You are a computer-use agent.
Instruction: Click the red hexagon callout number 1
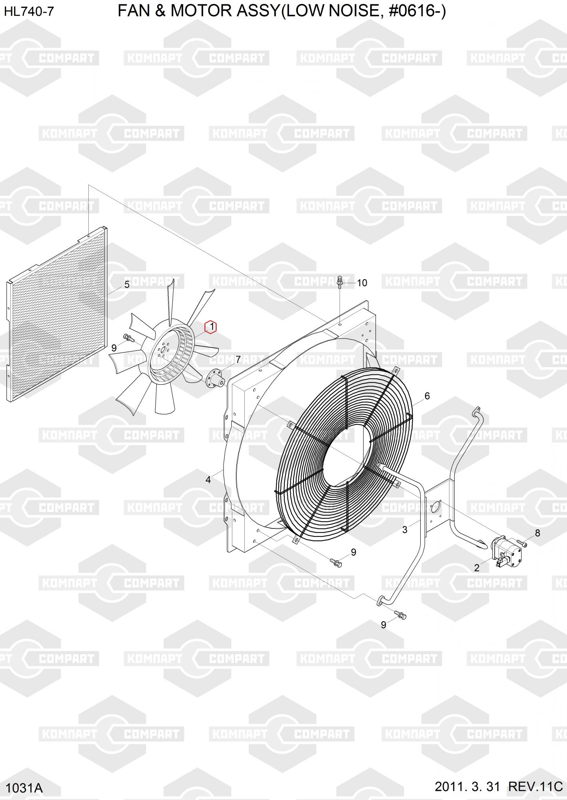(211, 327)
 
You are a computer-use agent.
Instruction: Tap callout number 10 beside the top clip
(362, 283)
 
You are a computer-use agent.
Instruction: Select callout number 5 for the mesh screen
(127, 285)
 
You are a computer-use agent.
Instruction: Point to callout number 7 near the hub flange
(238, 360)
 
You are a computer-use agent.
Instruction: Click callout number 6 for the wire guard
(427, 396)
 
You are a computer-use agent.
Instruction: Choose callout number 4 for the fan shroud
(208, 480)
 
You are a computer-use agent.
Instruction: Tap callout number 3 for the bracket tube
(405, 530)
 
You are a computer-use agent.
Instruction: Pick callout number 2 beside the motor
(477, 568)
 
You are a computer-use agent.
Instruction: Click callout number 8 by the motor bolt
(537, 533)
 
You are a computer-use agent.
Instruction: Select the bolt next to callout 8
(522, 543)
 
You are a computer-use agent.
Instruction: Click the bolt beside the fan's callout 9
(129, 338)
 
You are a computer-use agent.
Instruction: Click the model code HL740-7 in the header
(29, 12)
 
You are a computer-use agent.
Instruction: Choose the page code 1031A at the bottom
(24, 788)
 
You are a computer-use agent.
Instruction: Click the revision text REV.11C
(535, 786)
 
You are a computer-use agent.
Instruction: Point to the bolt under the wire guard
(336, 563)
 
